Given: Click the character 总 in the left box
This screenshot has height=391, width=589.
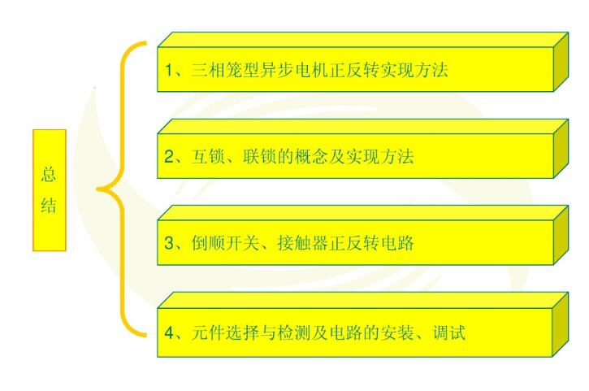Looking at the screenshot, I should click(49, 174).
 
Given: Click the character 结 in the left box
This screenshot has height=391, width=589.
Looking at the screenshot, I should click(49, 206).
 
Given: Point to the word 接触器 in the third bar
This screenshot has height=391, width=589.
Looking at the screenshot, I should click(302, 242).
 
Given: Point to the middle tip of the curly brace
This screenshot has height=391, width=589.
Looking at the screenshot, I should click(98, 190).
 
